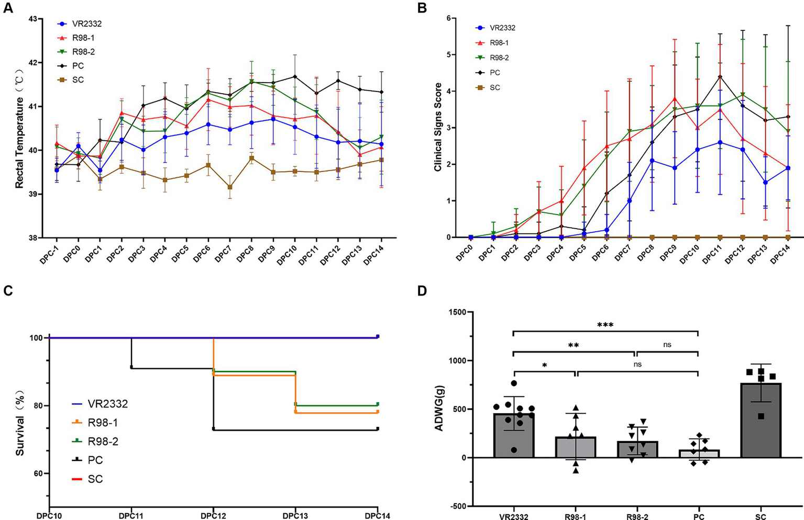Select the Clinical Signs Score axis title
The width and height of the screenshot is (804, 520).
click(x=437, y=127)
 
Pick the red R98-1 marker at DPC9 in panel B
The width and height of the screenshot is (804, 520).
click(x=675, y=98)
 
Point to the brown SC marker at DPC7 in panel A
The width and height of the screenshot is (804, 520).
click(x=230, y=187)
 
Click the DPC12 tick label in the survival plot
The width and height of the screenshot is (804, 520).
click(x=213, y=516)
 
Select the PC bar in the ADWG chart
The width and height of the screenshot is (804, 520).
click(x=699, y=453)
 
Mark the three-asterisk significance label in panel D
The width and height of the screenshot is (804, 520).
click(x=605, y=325)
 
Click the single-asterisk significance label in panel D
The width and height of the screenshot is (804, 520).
click(x=544, y=365)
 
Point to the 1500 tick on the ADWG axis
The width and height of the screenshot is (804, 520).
click(x=457, y=312)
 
